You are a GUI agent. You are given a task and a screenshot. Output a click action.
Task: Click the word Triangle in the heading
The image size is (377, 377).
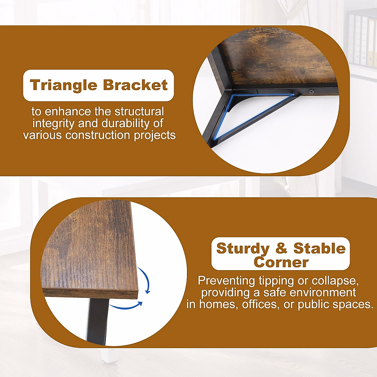point(63,85)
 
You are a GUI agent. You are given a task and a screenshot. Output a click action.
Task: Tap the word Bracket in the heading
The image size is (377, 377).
point(135,85)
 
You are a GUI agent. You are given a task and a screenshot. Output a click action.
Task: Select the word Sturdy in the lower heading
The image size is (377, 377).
point(243,249)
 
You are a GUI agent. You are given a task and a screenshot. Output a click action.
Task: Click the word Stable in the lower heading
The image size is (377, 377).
point(320,248)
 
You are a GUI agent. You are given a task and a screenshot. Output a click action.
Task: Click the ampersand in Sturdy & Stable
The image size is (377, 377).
point(281,248)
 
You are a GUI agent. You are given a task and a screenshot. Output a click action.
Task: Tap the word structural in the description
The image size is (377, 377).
point(139,112)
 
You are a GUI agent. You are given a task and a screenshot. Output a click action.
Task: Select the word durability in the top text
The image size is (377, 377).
point(125,124)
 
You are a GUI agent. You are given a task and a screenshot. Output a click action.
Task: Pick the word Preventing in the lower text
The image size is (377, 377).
point(226,281)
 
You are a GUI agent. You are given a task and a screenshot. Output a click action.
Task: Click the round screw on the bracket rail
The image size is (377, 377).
point(311,91)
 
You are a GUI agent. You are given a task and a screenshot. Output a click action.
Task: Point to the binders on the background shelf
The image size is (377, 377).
point(362,40)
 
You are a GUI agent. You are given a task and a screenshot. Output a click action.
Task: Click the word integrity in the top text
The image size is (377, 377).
point(53,124)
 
